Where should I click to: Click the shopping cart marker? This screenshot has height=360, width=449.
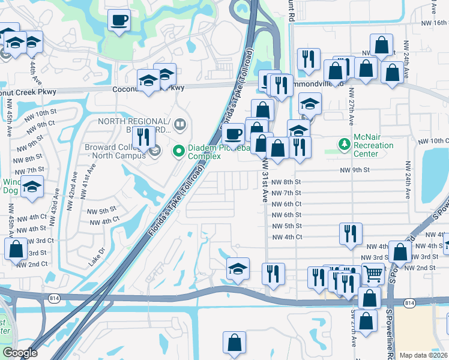[x=373, y=274]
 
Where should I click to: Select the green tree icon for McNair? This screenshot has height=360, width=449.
[x=344, y=144]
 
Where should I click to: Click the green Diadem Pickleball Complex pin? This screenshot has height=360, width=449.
[x=178, y=151]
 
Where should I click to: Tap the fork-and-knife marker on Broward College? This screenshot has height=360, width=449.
[x=143, y=137]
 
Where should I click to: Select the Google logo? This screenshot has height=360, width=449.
[x=20, y=353]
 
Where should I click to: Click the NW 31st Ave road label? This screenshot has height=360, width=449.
[x=265, y=180]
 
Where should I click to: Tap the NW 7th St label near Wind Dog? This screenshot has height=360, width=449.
[x=28, y=170]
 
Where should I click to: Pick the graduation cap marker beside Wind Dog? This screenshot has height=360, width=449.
[x=32, y=188]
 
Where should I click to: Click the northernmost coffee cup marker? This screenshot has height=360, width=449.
[x=119, y=20]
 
